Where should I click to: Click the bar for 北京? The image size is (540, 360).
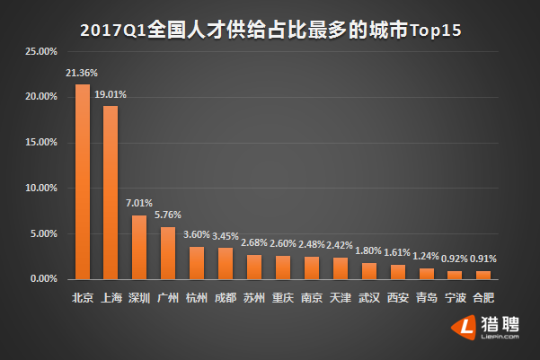pyautogui.click(x=82, y=182)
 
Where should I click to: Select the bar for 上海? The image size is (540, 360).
pyautogui.click(x=111, y=193)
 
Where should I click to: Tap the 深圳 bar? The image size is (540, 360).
pyautogui.click(x=139, y=248)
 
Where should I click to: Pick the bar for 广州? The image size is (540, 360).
pyautogui.click(x=167, y=253)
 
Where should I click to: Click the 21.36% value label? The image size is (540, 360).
pyautogui.click(x=82, y=72)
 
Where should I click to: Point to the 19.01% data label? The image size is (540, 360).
pyautogui.click(x=113, y=92)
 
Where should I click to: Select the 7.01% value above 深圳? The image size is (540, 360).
pyautogui.click(x=139, y=203)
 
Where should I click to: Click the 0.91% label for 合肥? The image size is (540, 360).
pyautogui.click(x=483, y=259)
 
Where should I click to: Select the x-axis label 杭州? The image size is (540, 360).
pyautogui.click(x=196, y=297)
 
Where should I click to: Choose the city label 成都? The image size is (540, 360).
pyautogui.click(x=225, y=297)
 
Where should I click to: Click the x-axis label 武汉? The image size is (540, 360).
pyautogui.click(x=368, y=297)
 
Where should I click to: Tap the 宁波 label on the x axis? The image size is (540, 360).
pyautogui.click(x=455, y=297)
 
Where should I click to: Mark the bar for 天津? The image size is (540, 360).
pyautogui.click(x=340, y=268)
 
